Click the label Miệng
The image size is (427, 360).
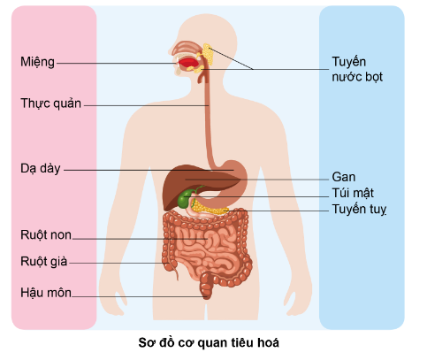coord(37,62)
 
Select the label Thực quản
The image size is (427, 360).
coord(50,103)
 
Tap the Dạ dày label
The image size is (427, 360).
coord(41,169)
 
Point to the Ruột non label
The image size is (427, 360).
coord(46,234)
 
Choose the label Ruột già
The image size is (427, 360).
coord(43,262)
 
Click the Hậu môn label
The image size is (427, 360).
coord(46,293)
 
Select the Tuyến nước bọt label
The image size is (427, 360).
coord(357,69)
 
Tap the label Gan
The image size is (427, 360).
coord(344,177)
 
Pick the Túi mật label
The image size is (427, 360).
coord(353,193)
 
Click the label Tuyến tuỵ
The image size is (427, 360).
coord(359,209)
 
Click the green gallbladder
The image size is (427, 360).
coord(185,198)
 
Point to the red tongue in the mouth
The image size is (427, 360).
coord(187,63)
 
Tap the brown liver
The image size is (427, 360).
coord(188,184)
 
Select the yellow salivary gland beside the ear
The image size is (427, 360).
coord(208,54)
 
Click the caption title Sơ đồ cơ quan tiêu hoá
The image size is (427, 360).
coord(209,343)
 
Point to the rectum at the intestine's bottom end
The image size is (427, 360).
coord(206,286)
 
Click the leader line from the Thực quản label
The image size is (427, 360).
coord(147,105)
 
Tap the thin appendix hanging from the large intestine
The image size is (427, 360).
coord(176,271)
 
